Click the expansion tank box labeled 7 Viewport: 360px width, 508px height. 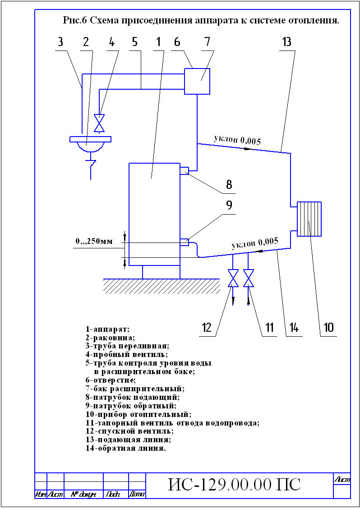197,81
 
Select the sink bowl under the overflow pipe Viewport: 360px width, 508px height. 91,144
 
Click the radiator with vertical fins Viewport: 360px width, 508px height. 309,220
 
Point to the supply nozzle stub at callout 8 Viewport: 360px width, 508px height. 185,170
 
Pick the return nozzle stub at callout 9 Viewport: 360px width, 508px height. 185,242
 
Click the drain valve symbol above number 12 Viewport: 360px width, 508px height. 233,278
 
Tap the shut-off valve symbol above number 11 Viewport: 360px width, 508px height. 249,278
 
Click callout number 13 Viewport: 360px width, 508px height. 287,42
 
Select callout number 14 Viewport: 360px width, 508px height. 292,328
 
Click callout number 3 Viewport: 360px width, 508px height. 60,42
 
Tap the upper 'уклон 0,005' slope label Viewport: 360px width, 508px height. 237,140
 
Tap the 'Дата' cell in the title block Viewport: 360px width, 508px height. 137,494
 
